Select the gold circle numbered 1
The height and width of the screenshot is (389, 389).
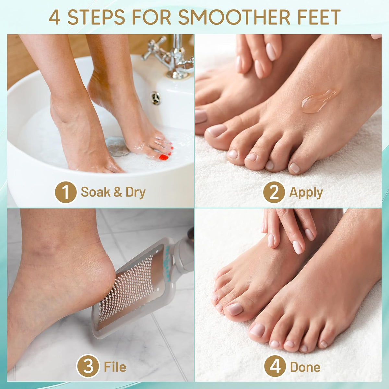pos(65,192)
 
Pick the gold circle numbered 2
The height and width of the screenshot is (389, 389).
pos(274,192)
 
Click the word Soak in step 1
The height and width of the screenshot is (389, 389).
pos(96,192)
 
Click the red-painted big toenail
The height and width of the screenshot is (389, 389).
pos(163,157)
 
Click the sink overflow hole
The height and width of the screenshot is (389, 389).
pos(156,98)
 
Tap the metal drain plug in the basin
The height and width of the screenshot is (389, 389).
pos(117,146)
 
